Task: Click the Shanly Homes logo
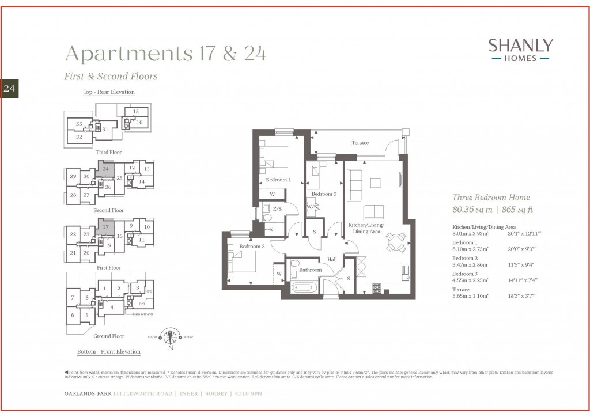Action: tap(520, 50)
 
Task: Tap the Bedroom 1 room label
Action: tap(278, 180)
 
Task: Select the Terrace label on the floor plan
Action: tap(360, 142)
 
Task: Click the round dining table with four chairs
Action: tap(395, 241)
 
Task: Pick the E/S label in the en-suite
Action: tap(277, 209)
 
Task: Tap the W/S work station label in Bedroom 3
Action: tap(311, 206)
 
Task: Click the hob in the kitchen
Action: tap(377, 287)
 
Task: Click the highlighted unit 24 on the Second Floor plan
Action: tap(105, 169)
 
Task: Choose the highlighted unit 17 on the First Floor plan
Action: tap(105, 227)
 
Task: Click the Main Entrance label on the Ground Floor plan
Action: tap(144, 314)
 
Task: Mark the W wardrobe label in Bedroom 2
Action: tap(278, 274)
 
